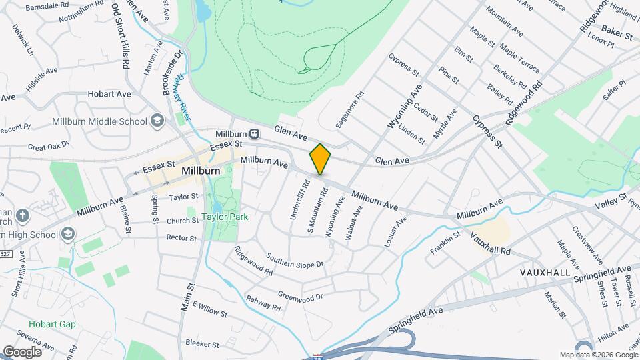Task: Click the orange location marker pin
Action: (x=320, y=159)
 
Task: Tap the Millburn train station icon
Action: (x=254, y=134)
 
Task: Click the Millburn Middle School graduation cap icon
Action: (x=157, y=121)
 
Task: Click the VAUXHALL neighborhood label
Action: (x=545, y=273)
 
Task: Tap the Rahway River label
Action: (x=184, y=99)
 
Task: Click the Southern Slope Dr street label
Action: (x=295, y=260)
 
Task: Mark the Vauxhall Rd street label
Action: (x=490, y=243)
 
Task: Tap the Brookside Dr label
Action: (x=173, y=73)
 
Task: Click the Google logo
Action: (x=23, y=351)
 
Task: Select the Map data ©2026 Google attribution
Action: (x=598, y=355)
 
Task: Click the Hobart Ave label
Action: (x=110, y=94)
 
